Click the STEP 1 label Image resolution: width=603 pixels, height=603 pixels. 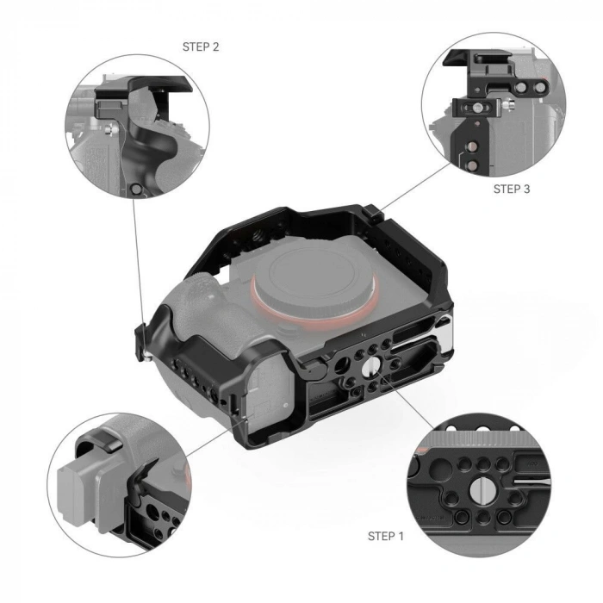pyautogui.click(x=385, y=536)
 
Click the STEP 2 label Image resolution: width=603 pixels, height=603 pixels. pyautogui.click(x=201, y=47)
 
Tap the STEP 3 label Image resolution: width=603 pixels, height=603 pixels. pyautogui.click(x=511, y=188)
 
